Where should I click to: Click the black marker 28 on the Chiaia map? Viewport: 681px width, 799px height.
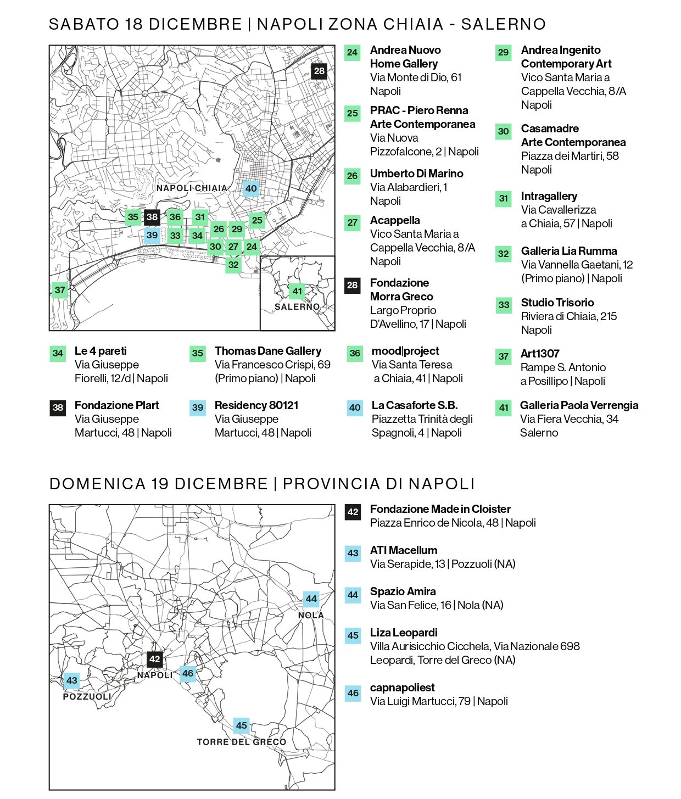[x=319, y=71]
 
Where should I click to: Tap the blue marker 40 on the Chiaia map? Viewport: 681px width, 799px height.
[x=251, y=188]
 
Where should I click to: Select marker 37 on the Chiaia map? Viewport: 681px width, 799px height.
[x=60, y=290]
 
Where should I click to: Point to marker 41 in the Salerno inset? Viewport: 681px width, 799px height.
[x=297, y=291]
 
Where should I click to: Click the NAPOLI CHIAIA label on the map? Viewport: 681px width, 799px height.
[x=192, y=188]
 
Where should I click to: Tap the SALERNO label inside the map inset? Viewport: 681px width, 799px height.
[x=297, y=306]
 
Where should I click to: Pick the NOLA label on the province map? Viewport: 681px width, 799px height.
[x=311, y=616]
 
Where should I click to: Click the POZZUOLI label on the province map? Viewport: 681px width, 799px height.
[x=87, y=696]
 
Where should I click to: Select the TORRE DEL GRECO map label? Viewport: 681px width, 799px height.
[x=242, y=742]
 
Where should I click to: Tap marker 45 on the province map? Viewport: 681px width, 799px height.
[x=242, y=725]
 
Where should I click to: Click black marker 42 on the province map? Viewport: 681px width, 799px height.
[x=155, y=659]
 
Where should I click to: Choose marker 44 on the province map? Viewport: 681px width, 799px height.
[x=311, y=599]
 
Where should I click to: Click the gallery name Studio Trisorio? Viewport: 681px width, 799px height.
[x=557, y=303]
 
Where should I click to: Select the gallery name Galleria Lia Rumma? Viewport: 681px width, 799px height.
[x=569, y=251]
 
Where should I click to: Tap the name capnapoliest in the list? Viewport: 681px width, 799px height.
[x=403, y=688]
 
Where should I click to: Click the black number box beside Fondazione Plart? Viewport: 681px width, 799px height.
[x=58, y=407]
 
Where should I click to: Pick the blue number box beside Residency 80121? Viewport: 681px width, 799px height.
[x=198, y=407]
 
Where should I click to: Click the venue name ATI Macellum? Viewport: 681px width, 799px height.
[x=404, y=550]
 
